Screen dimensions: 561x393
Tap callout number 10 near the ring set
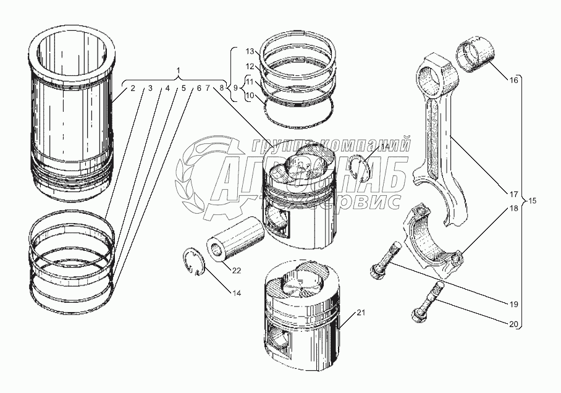point(250,96)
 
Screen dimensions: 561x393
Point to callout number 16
point(512,80)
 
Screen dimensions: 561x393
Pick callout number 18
point(513,209)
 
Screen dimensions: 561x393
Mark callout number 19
point(513,304)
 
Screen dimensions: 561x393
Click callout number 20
point(513,322)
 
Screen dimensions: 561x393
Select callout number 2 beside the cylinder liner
point(132,88)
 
